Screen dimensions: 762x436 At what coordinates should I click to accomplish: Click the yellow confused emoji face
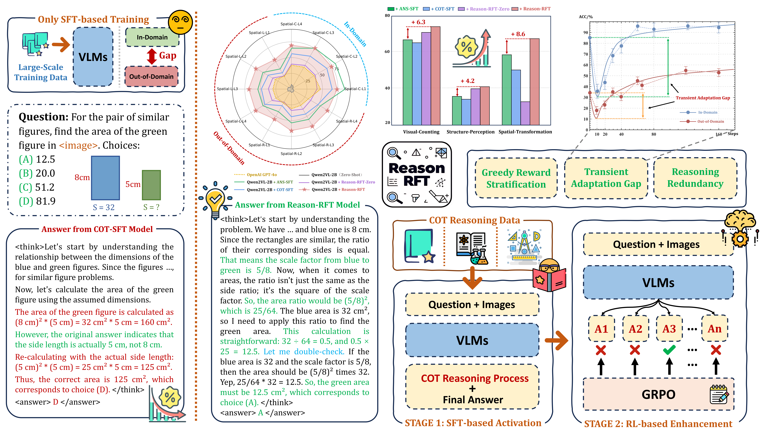(x=180, y=22)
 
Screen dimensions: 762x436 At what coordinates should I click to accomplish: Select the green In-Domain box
(x=152, y=37)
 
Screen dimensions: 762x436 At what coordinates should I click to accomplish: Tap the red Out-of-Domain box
(x=151, y=77)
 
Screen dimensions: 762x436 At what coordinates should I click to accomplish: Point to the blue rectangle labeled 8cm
(x=105, y=178)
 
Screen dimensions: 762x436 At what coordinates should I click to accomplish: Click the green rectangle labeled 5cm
(x=151, y=185)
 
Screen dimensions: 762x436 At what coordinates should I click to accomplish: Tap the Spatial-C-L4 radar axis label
(x=291, y=24)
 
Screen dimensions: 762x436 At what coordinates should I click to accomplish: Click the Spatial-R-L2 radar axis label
(x=291, y=154)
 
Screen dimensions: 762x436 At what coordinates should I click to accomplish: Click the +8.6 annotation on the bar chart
(x=518, y=34)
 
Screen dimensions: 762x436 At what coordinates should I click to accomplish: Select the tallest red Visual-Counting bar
(x=436, y=76)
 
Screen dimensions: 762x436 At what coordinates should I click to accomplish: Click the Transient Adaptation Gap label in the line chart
(x=703, y=98)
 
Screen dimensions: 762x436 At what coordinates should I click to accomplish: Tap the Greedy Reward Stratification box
(x=516, y=178)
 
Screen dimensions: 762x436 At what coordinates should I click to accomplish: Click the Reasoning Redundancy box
(x=695, y=178)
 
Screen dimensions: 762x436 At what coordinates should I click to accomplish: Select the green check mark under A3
(x=669, y=350)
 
